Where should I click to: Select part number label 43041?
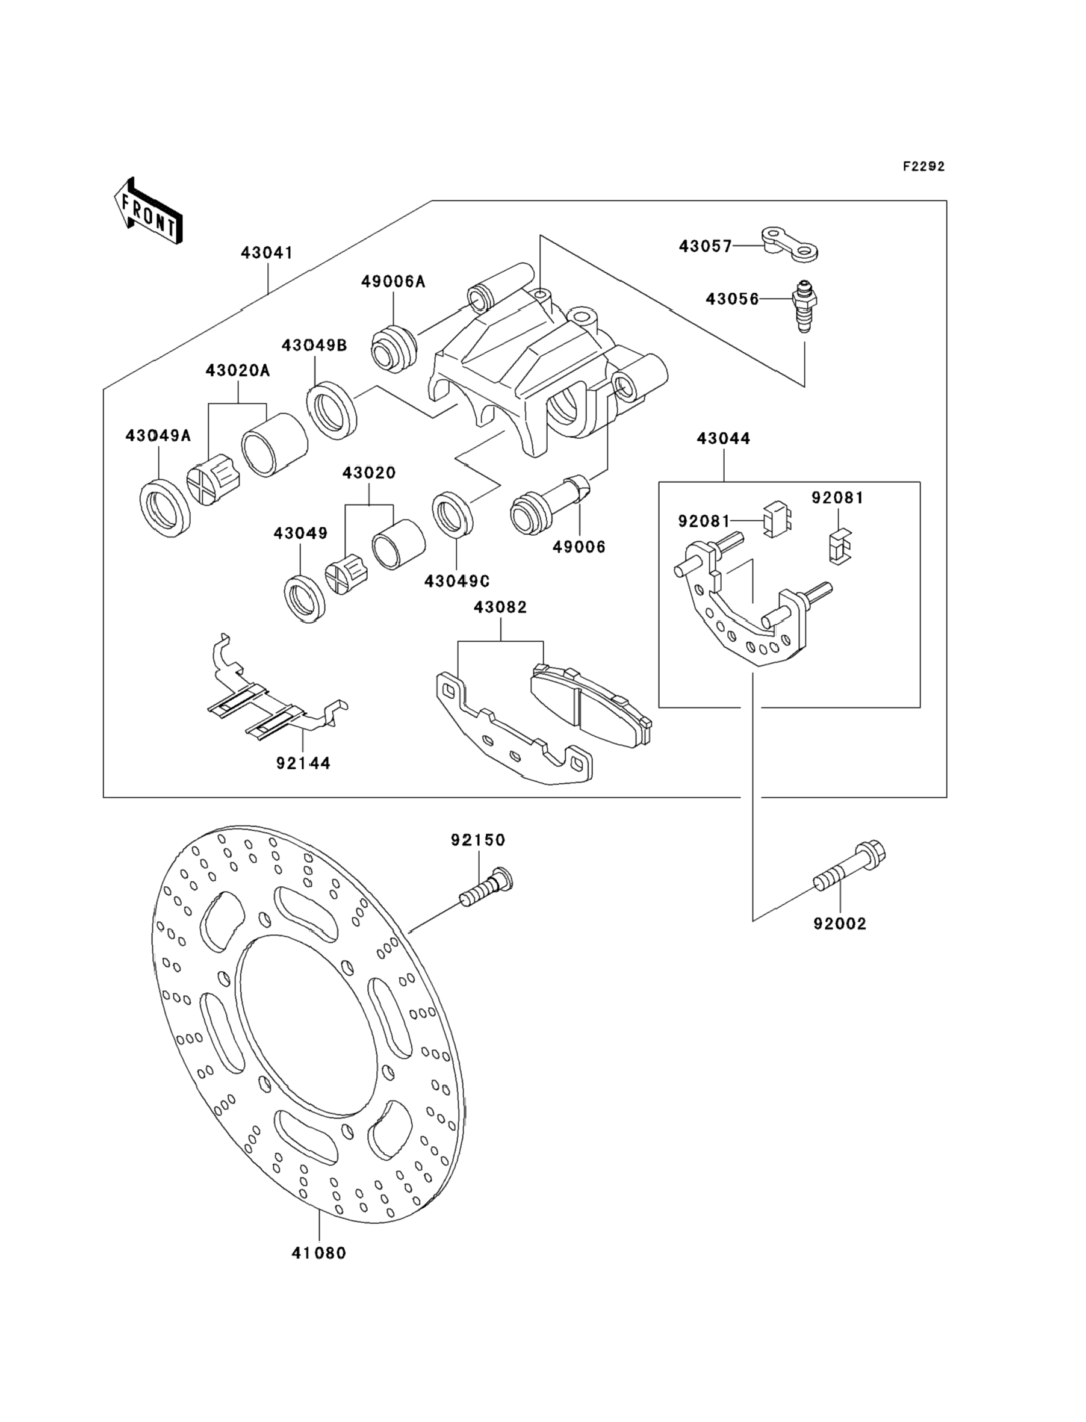click(x=266, y=253)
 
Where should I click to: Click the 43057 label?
click(x=706, y=246)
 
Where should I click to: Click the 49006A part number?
click(x=393, y=281)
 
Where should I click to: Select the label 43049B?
click(x=314, y=345)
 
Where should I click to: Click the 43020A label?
click(x=238, y=370)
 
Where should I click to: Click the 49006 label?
click(x=579, y=547)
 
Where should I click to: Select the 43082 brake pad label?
click(x=500, y=607)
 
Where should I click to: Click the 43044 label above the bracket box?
click(x=724, y=438)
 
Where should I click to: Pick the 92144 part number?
click(x=303, y=763)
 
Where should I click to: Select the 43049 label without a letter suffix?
click(x=300, y=533)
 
